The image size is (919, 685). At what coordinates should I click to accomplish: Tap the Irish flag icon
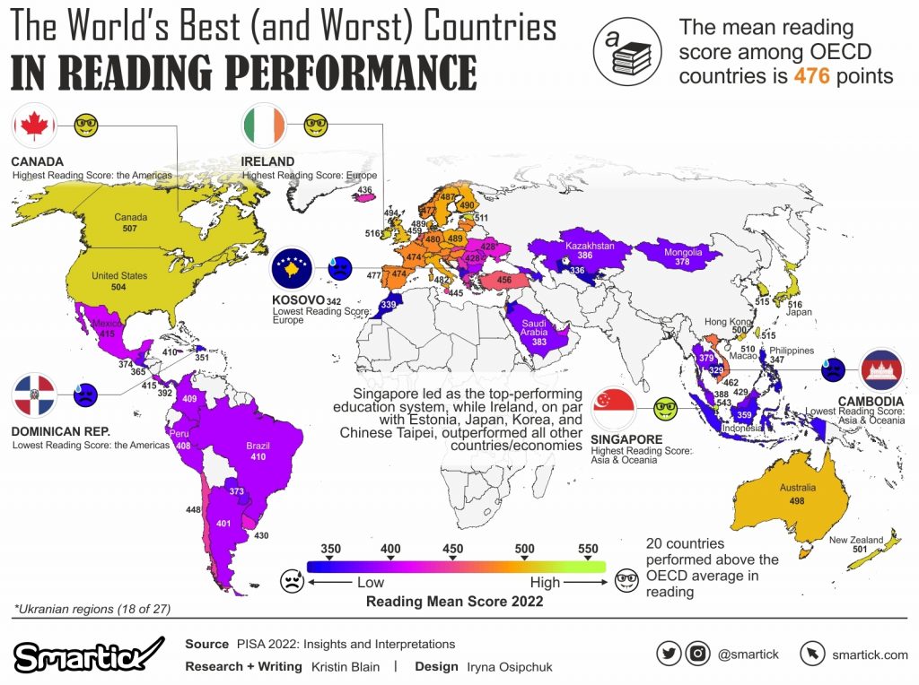coord(264,126)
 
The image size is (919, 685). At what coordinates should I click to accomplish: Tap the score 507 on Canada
coord(130,229)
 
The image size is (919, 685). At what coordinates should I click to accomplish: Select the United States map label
coord(119,276)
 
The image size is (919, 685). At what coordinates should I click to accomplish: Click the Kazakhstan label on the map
coord(589,245)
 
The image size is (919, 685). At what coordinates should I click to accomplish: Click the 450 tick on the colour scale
coord(452,550)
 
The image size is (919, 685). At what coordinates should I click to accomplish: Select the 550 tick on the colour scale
coord(587,550)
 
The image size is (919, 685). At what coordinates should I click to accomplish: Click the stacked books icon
coord(628,54)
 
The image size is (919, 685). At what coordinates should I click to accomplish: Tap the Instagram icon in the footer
coord(697,654)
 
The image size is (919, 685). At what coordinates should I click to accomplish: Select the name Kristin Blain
coord(345,666)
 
